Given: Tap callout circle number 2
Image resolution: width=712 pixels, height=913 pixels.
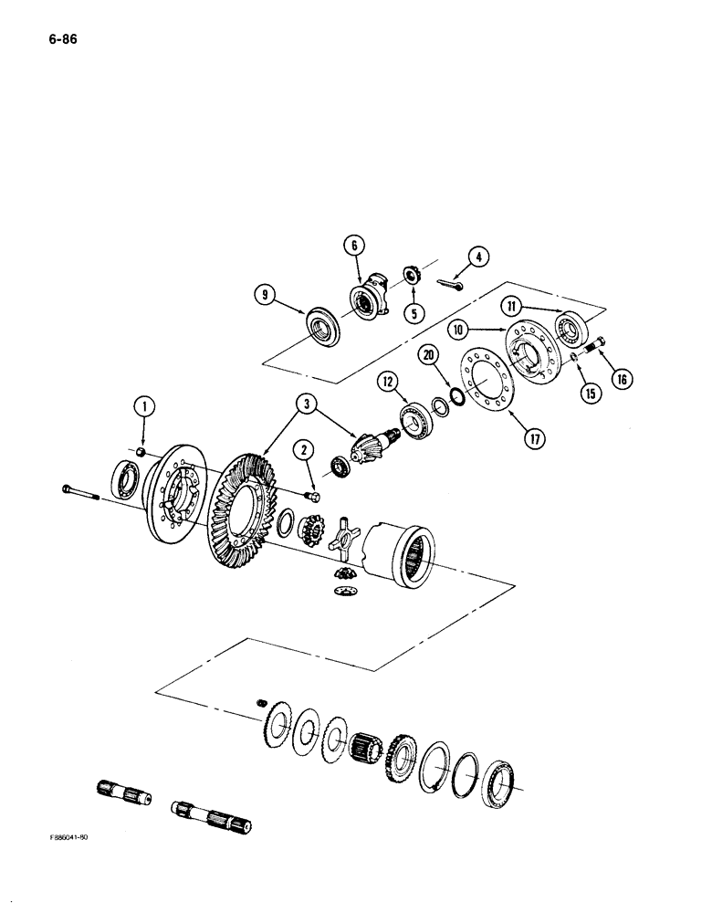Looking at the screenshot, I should (303, 448).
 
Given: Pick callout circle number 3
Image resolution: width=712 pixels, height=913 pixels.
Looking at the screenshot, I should (306, 401).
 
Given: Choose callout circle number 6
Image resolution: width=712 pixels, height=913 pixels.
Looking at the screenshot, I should (354, 245).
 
